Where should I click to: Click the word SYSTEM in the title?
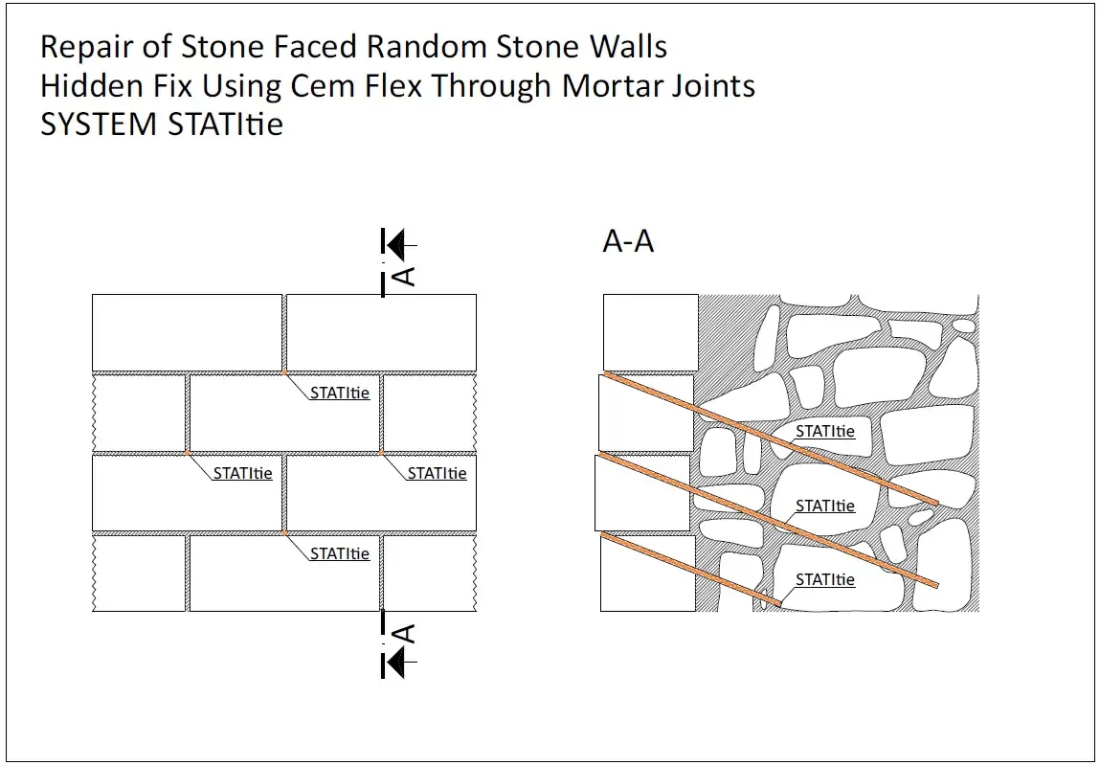[99, 124]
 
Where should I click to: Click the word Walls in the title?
[629, 46]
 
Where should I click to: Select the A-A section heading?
[628, 241]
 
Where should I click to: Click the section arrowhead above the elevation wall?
[396, 246]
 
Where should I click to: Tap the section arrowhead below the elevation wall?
[396, 662]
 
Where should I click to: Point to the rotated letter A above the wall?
[405, 277]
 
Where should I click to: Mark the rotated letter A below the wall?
[405, 634]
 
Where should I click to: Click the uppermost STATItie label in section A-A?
[825, 431]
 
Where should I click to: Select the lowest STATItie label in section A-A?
[825, 579]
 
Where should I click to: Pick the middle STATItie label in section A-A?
[825, 506]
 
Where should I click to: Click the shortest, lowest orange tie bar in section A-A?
[691, 569]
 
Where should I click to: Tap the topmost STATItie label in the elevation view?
[340, 393]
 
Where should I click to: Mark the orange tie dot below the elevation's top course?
[284, 372]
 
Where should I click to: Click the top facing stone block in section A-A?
[650, 332]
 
